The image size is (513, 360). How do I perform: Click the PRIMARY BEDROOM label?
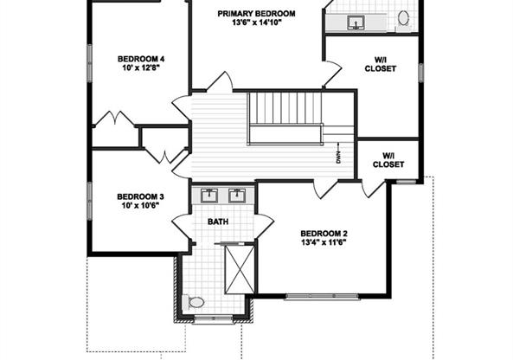pyautogui.click(x=256, y=14)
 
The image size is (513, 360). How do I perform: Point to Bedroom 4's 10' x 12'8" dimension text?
pyautogui.click(x=141, y=67)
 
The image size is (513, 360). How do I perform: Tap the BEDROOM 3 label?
pyautogui.click(x=140, y=196)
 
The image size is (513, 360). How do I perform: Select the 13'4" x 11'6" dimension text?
pyautogui.click(x=324, y=242)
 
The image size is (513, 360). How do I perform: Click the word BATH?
pyautogui.click(x=218, y=222)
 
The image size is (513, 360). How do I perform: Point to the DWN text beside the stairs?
pyautogui.click(x=338, y=157)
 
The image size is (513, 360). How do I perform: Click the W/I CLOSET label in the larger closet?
pyautogui.click(x=381, y=65)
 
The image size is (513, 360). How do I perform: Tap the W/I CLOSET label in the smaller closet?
pyautogui.click(x=388, y=160)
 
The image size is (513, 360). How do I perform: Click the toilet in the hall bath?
pyautogui.click(x=194, y=302)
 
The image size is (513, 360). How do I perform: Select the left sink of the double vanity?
pyautogui.click(x=208, y=195)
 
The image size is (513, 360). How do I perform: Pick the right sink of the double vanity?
pyautogui.click(x=236, y=195)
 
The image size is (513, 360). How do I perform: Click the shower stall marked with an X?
pyautogui.click(x=240, y=268)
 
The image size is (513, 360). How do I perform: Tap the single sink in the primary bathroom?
pyautogui.click(x=356, y=22)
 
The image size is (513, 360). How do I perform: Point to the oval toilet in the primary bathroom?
pyautogui.click(x=403, y=18)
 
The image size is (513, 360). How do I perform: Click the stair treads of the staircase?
pyautogui.click(x=285, y=108)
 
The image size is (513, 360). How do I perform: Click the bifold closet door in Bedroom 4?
pyautogui.click(x=114, y=119)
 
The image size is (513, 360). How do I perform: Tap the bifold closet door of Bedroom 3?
pyautogui.click(x=165, y=156)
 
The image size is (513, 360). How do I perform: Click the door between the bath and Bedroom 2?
pyautogui.click(x=265, y=227)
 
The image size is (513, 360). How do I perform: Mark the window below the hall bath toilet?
pyautogui.click(x=214, y=318)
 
